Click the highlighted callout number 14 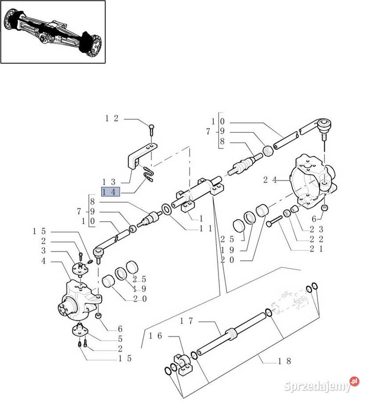tap(111, 192)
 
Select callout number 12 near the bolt tap(112, 119)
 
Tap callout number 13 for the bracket tap(109, 182)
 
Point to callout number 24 tap(270, 180)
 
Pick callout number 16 tap(155, 336)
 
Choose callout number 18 tap(285, 361)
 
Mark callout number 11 tap(206, 229)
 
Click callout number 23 tap(317, 229)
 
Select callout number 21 tap(317, 249)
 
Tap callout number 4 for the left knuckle tap(43, 261)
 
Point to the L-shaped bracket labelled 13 tap(141, 156)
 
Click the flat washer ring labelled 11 tap(167, 210)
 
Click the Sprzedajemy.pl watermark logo tap(322, 385)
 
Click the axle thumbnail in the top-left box tap(53, 32)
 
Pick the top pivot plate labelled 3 tap(80, 269)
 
